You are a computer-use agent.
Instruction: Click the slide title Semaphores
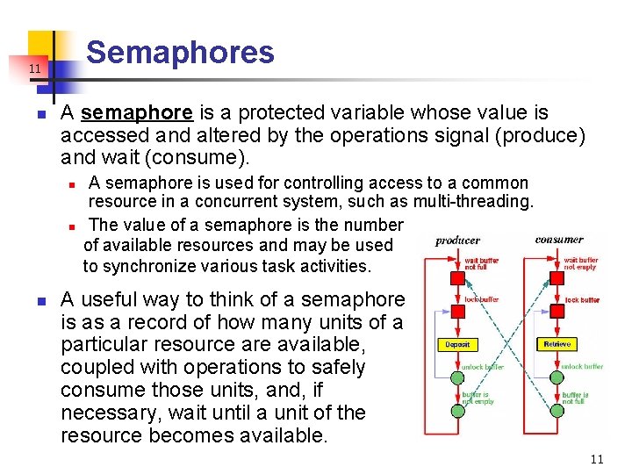[180, 53]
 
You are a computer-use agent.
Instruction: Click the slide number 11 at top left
[33, 68]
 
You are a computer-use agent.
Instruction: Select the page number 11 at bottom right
[597, 459]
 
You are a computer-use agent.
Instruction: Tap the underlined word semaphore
[136, 113]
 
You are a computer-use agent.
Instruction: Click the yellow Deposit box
[457, 344]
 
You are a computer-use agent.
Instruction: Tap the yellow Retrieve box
[557, 344]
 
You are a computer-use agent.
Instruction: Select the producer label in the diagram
[457, 241]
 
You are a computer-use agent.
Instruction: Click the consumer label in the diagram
[558, 239]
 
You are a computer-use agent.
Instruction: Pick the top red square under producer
[456, 278]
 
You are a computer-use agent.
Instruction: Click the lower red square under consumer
[556, 311]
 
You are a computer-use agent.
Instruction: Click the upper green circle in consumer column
[556, 377]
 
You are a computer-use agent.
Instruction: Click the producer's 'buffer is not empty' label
[478, 399]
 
